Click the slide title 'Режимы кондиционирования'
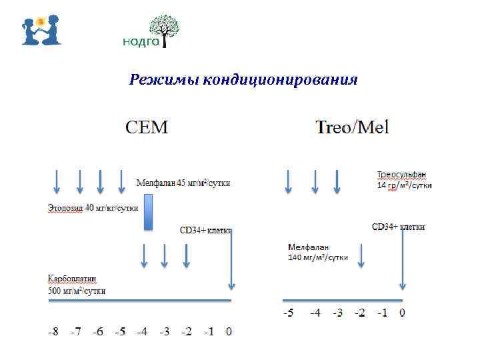pos(243,81)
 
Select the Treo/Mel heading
pos(352,127)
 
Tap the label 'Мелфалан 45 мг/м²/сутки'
pos(183,183)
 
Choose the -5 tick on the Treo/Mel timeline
pos(287,313)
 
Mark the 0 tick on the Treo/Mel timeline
pos(402,313)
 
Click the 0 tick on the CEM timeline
pos(229,331)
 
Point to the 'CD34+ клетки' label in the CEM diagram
pos(205,231)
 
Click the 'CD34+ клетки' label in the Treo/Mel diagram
pos(398,227)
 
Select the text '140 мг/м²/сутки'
pos(318,257)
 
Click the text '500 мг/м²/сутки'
pos(76,290)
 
